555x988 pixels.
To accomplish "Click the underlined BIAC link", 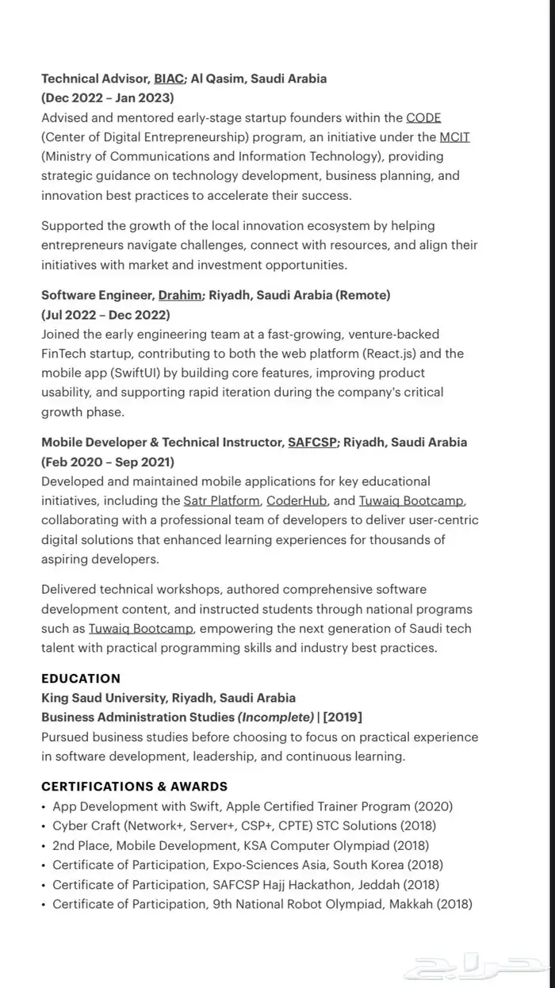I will tap(169, 79).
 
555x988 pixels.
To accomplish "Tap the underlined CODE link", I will tap(423, 117).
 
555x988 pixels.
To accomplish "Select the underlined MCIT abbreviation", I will tap(454, 136).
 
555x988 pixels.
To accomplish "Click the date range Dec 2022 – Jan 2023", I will tap(108, 98).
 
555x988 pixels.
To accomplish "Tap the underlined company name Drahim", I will tap(180, 295).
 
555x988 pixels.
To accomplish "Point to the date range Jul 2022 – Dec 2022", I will tap(105, 314).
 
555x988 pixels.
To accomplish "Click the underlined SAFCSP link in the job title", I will tap(312, 442).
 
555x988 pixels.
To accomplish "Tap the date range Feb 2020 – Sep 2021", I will tap(108, 461).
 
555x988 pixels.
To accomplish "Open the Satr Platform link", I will tap(221, 500).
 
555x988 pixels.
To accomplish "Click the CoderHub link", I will tap(297, 500).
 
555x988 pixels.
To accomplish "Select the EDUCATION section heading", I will tap(81, 678).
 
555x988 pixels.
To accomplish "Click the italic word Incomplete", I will tap(276, 717).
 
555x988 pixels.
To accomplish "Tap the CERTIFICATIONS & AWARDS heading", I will tap(134, 786).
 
